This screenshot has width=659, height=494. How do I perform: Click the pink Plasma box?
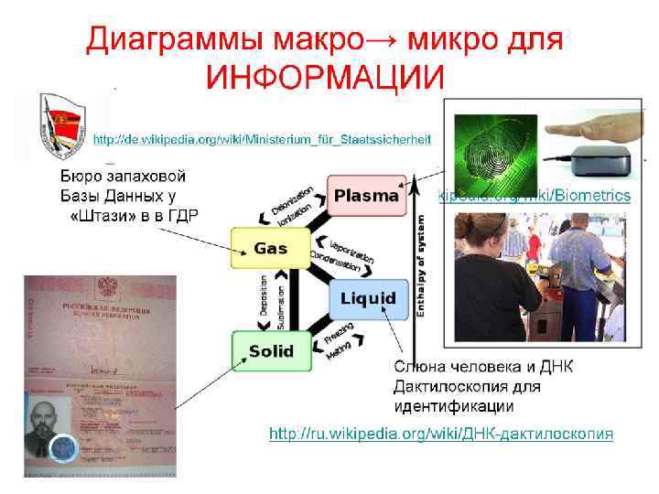tap(366, 195)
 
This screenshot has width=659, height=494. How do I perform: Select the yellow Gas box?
tap(271, 248)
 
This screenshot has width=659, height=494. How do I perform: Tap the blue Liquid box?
tap(368, 298)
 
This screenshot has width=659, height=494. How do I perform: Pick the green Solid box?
tap(271, 350)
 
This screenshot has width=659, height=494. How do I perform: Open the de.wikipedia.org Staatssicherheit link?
tap(262, 139)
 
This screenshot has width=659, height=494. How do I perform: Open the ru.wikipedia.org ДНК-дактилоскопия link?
tap(440, 433)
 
